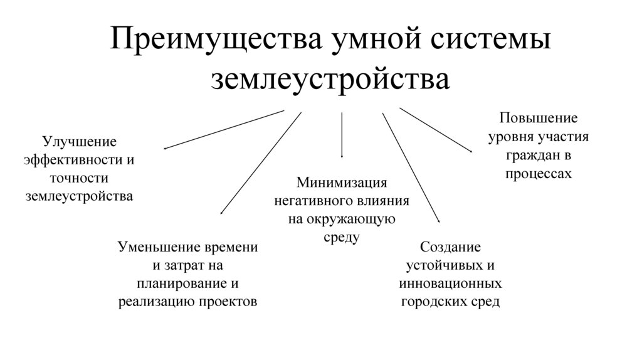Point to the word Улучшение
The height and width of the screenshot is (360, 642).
(79, 141)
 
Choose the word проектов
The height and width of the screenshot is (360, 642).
(228, 300)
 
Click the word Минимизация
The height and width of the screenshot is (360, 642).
(342, 183)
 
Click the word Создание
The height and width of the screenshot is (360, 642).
(450, 246)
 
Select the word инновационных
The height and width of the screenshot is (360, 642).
(450, 283)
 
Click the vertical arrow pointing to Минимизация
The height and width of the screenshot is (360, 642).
(342, 135)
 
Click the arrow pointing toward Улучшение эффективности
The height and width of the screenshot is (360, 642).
(224, 130)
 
